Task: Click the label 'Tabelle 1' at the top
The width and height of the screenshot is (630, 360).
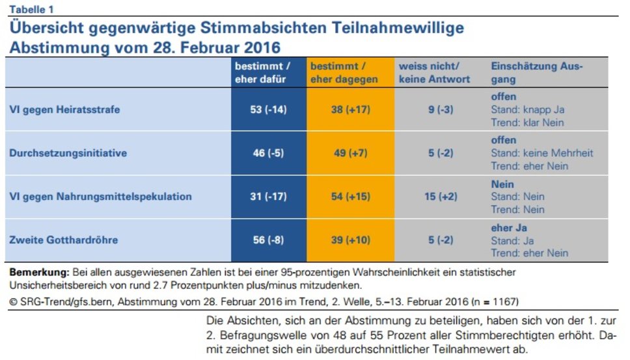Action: pyautogui.click(x=32, y=8)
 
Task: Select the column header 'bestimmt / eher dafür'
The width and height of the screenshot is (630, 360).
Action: pyautogui.click(x=263, y=73)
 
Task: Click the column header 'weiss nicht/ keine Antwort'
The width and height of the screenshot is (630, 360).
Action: pyautogui.click(x=434, y=73)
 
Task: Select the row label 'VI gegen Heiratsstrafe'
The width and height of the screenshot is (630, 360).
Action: pyautogui.click(x=64, y=110)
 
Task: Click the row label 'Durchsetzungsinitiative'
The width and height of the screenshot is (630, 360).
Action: pyautogui.click(x=68, y=153)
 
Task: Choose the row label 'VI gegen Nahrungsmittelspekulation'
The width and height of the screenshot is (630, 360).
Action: pyautogui.click(x=100, y=197)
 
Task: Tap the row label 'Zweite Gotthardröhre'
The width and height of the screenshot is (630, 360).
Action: pyautogui.click(x=63, y=240)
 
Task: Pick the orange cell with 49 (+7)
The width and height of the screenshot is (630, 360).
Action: pyautogui.click(x=350, y=153)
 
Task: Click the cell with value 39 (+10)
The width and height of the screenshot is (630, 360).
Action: pyautogui.click(x=350, y=240)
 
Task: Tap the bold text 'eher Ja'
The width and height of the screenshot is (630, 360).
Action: pyautogui.click(x=508, y=228)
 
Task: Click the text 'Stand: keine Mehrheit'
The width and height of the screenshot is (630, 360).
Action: pyautogui.click(x=542, y=153)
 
